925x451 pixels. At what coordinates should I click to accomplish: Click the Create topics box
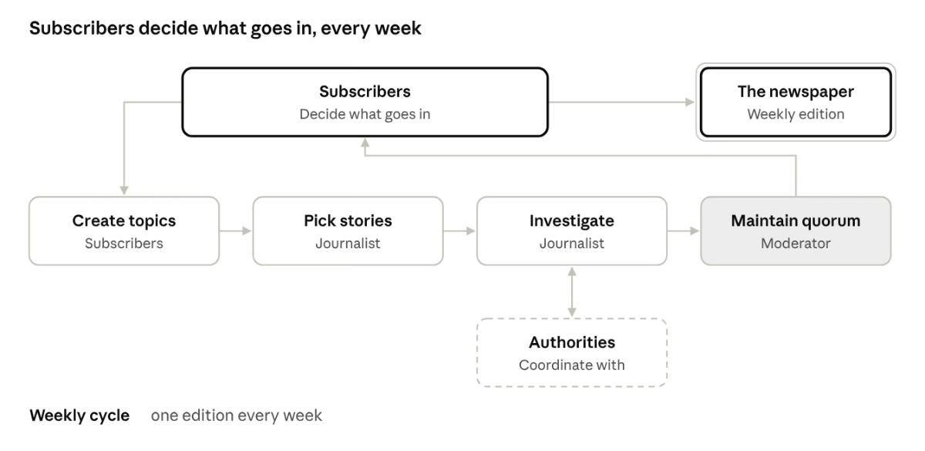124,231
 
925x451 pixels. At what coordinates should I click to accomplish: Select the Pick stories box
348,231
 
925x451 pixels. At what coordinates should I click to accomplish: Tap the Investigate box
572,231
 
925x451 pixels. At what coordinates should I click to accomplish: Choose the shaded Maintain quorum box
795,231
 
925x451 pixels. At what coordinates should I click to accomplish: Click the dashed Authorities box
572,352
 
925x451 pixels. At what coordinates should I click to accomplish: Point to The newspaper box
795,102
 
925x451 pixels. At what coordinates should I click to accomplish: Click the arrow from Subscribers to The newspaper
621,102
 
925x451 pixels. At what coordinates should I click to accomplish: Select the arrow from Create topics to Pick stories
235,231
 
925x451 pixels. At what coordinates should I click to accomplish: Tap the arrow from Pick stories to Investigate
459,231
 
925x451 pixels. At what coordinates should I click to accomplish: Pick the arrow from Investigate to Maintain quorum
684,231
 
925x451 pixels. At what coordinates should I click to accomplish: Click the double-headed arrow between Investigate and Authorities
572,291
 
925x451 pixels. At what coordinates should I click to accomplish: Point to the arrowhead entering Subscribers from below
365,143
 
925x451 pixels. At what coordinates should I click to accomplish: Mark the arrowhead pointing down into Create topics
124,190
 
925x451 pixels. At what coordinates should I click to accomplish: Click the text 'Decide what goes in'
365,114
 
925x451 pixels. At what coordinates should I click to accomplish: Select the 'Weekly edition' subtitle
795,114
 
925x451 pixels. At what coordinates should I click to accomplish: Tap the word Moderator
795,244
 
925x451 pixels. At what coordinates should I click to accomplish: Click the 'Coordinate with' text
572,365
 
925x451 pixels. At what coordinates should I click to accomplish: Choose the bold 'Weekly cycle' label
79,416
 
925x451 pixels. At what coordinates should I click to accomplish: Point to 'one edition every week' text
236,416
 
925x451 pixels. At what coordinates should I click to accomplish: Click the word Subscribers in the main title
82,28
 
